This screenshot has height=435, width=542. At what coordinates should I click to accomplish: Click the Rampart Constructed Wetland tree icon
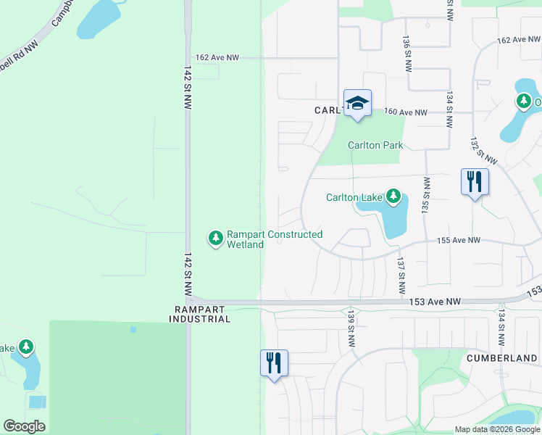point(215,238)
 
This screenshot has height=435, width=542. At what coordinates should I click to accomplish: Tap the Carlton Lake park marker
point(393,196)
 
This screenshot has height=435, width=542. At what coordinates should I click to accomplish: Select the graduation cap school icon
point(357,104)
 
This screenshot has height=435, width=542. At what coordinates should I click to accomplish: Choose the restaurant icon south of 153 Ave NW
point(274,362)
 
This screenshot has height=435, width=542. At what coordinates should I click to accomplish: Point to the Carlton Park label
point(375,145)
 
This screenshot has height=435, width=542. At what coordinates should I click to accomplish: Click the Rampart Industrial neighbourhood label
point(201,314)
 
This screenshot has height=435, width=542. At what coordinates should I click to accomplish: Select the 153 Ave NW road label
point(435,302)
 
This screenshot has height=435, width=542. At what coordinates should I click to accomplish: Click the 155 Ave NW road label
point(458,240)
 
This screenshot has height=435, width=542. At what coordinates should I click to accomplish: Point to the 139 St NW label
point(351,328)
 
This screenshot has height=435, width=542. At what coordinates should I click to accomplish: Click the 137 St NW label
point(400,270)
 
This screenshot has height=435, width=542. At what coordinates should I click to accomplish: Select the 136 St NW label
point(406,51)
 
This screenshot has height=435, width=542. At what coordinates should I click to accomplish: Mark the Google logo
point(24,426)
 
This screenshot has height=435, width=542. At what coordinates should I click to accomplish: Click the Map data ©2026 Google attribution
point(497,429)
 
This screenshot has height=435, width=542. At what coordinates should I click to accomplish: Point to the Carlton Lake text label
point(355,197)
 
